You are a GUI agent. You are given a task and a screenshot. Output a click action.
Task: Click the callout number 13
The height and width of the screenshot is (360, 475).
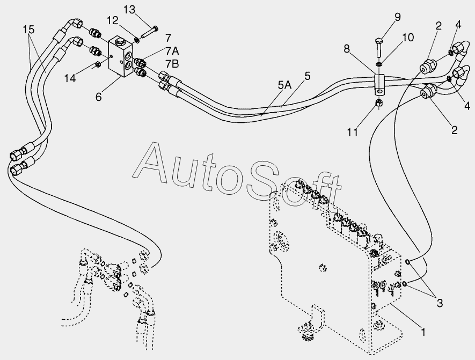click(x=129, y=10)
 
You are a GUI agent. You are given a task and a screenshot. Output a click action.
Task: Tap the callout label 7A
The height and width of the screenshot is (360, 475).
click(x=172, y=52)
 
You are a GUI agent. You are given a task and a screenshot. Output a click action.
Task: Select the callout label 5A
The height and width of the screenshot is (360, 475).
click(x=284, y=86)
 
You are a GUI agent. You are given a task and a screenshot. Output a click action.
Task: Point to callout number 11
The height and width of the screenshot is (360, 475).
click(x=352, y=132)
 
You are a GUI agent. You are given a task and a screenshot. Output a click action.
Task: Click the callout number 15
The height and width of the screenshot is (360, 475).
click(x=28, y=30)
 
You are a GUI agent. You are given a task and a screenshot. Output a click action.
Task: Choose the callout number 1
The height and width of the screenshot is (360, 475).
click(x=423, y=332)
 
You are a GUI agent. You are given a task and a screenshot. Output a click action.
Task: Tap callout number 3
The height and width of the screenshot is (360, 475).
click(x=440, y=303)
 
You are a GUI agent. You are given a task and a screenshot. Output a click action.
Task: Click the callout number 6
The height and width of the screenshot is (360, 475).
click(x=99, y=97)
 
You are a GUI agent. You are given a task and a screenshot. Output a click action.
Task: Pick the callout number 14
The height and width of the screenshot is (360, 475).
click(x=70, y=78)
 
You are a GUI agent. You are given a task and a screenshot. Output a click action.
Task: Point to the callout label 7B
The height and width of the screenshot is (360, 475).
click(x=172, y=64)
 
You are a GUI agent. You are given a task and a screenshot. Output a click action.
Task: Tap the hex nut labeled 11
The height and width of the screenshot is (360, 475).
click(x=379, y=103)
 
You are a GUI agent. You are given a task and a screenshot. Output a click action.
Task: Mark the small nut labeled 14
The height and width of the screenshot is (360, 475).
click(x=98, y=64)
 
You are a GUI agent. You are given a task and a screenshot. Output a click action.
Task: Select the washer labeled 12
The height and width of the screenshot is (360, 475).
click(x=137, y=40)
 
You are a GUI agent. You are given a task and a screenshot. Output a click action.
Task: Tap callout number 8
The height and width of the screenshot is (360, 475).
click(x=347, y=49)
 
